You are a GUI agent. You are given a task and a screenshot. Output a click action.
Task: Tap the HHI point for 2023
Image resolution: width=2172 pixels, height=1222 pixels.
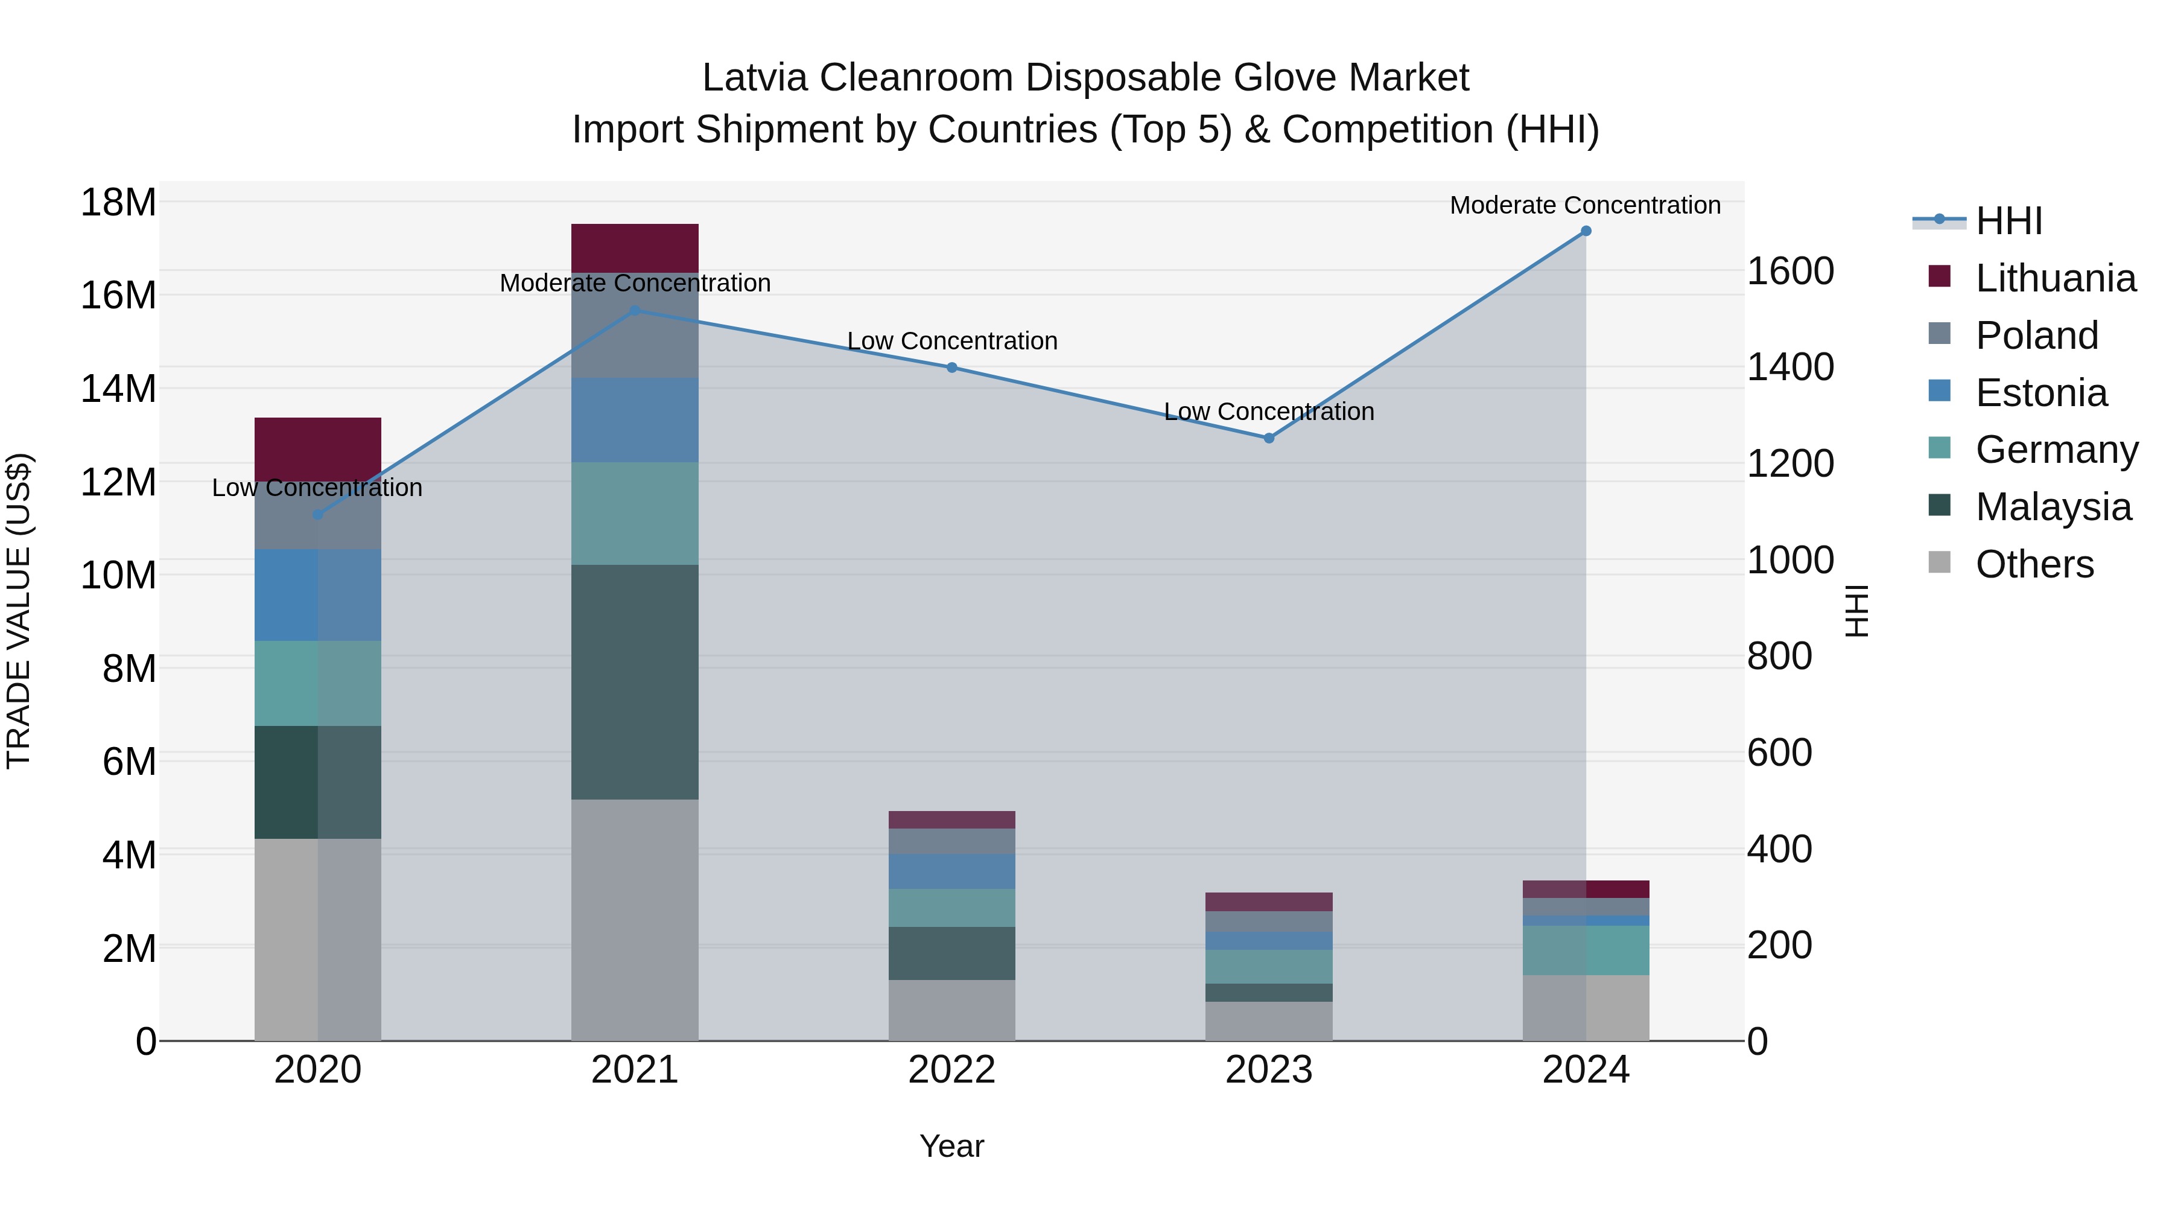[x=1268, y=438]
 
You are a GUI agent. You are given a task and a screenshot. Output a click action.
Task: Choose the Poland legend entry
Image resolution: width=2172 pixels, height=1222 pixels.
[x=2036, y=336]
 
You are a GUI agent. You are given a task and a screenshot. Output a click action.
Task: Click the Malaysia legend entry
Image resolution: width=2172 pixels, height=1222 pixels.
[x=2053, y=507]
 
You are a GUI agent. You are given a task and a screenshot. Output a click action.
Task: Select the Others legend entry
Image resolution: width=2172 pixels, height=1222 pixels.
[x=2034, y=564]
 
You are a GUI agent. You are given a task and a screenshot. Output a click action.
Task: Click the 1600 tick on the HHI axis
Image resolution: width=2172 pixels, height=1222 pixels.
[x=1789, y=272]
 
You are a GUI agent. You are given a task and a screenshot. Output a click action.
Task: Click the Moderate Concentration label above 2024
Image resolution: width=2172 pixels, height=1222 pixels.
[x=1584, y=205]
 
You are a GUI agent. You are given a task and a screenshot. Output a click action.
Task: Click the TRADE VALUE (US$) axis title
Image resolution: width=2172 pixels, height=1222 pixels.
[x=19, y=611]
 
